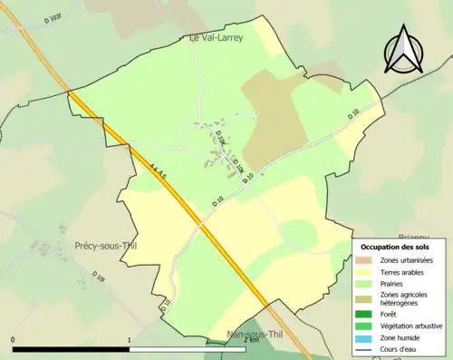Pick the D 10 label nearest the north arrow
click(x=354, y=117)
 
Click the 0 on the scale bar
click(x=14, y=340)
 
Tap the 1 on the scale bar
click(x=130, y=340)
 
